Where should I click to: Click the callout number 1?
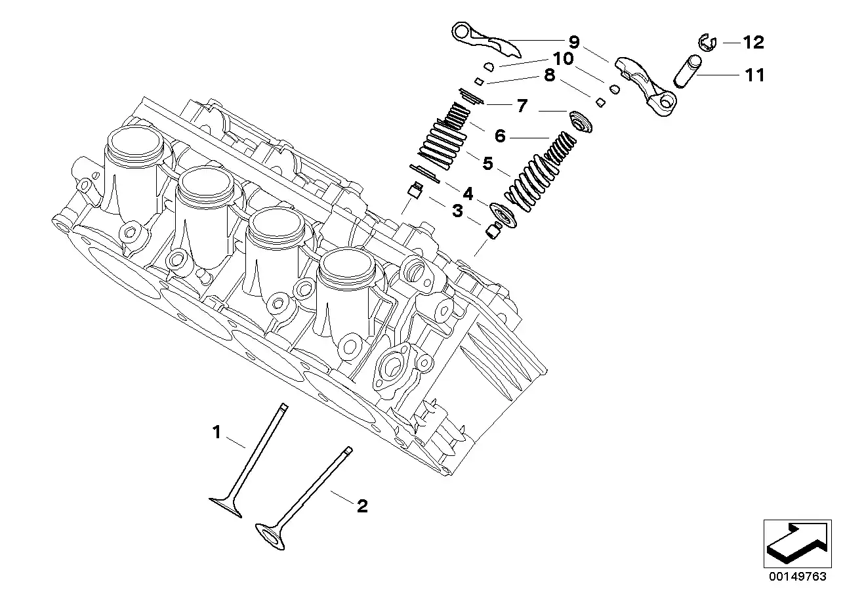(x=216, y=432)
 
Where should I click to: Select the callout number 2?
(x=361, y=506)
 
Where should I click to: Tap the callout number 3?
(x=457, y=211)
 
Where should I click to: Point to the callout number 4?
(x=467, y=194)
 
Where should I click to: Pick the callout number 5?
(x=487, y=163)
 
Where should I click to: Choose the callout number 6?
(x=500, y=136)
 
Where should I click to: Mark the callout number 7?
(x=522, y=106)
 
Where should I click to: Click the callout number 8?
(x=549, y=75)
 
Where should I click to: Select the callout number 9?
(x=574, y=43)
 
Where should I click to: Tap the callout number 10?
(x=562, y=58)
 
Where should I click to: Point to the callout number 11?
(x=755, y=75)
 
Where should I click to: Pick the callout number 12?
(x=753, y=43)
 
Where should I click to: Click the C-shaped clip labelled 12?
(x=705, y=43)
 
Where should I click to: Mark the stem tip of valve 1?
(x=283, y=407)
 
